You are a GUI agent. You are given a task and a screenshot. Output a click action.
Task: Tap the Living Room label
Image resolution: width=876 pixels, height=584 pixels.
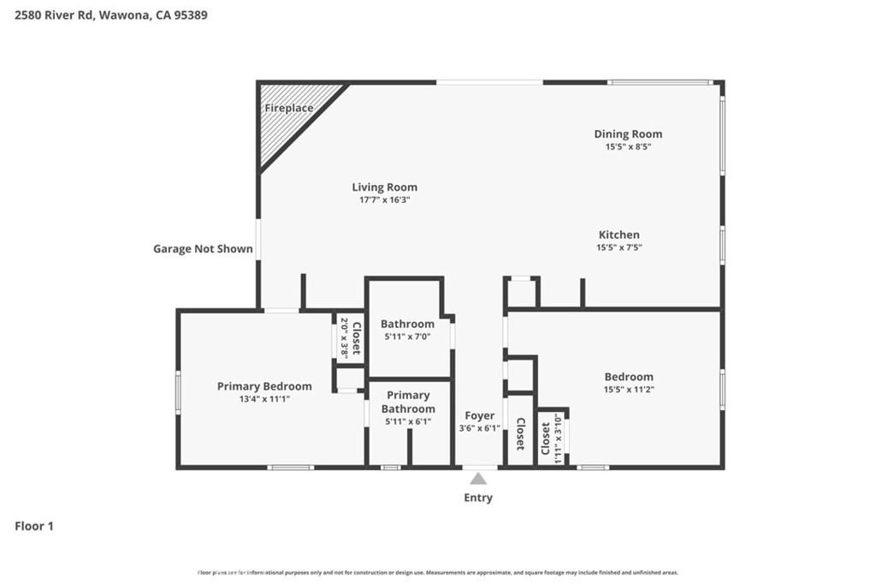(x=384, y=188)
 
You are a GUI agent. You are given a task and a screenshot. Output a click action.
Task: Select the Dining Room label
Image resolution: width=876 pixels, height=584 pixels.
(x=628, y=134)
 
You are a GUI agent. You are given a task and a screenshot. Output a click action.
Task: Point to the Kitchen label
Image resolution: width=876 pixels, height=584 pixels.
(x=619, y=235)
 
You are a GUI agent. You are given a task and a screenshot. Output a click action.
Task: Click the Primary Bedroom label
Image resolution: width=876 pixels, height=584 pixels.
(x=264, y=386)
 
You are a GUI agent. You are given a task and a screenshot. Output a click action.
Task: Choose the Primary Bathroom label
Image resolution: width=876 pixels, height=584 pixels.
(x=408, y=402)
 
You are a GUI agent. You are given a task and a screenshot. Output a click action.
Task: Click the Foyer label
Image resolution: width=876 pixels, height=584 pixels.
(x=479, y=415)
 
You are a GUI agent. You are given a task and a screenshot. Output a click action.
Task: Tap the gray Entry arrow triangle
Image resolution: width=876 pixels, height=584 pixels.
(x=478, y=479)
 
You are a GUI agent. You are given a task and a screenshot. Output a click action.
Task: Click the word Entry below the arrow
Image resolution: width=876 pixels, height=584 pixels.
(x=478, y=498)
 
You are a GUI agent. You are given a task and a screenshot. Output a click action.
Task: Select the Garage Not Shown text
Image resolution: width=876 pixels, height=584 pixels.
(x=203, y=249)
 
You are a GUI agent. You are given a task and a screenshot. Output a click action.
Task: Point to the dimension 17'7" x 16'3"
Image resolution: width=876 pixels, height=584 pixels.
(x=384, y=200)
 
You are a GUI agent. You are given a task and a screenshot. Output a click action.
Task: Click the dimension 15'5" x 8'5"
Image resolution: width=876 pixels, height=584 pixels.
(x=628, y=146)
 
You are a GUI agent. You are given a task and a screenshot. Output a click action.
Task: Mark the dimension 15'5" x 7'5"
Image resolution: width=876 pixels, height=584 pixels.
(x=619, y=247)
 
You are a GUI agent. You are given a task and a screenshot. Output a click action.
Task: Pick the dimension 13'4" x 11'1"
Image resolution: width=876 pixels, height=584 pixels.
(x=264, y=399)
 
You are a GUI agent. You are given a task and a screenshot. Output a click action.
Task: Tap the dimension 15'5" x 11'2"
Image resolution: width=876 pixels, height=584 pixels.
(x=629, y=390)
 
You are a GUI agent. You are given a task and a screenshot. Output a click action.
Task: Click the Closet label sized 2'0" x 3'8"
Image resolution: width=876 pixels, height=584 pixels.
(x=357, y=337)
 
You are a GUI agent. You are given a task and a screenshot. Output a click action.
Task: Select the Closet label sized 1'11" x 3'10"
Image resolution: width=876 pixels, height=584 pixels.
(x=546, y=438)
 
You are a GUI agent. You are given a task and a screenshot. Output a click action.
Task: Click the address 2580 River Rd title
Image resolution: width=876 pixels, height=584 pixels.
(x=110, y=15)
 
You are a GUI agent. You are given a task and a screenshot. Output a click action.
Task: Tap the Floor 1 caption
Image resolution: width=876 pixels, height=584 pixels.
(x=34, y=527)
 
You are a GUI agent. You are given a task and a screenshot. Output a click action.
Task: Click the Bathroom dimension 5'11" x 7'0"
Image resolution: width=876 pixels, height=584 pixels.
(x=407, y=337)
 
